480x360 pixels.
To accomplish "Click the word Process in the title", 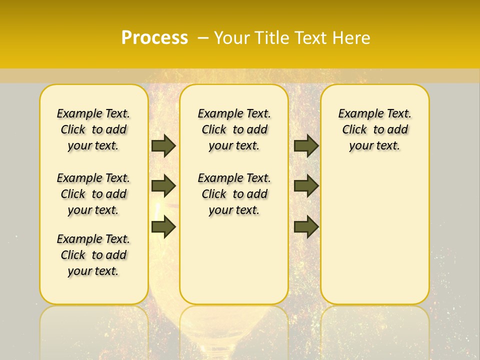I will [154, 38].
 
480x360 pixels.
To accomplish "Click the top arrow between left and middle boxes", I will [163, 145].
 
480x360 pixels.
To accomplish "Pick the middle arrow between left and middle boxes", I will [163, 186].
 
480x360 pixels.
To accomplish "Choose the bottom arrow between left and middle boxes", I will [163, 227].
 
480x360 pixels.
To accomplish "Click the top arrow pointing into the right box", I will [306, 145].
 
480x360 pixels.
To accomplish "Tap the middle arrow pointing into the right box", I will [306, 186].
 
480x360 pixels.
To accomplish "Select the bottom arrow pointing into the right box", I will [306, 227].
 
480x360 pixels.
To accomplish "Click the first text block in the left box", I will [93, 129].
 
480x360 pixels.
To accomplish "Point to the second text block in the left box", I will [93, 194].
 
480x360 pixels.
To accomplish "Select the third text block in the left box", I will [93, 255].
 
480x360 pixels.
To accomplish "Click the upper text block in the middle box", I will [234, 129].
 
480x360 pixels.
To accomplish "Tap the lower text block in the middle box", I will [234, 194].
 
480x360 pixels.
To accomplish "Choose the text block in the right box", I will [374, 129].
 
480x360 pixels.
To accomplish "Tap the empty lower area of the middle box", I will [234, 260].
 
